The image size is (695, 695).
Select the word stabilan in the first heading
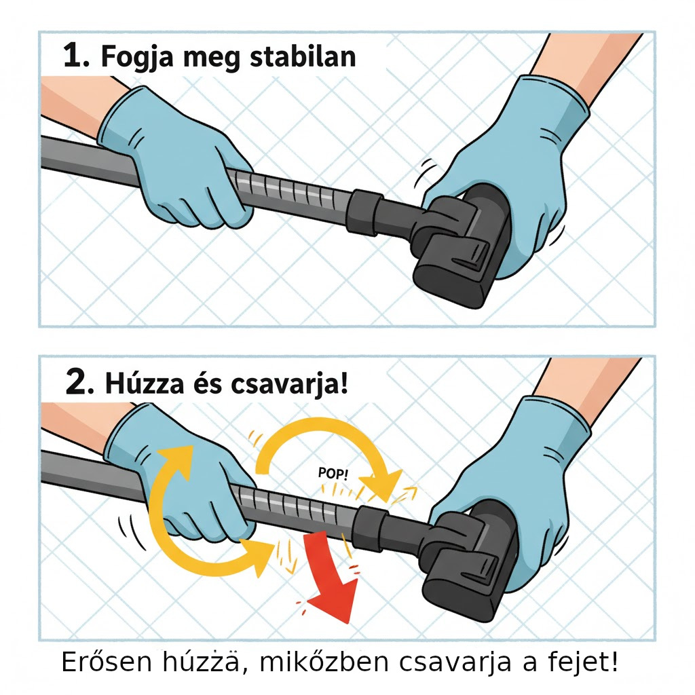(x=303, y=56)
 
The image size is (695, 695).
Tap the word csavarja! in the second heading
(x=289, y=384)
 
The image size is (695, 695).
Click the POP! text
(x=333, y=473)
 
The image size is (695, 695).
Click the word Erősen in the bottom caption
(x=107, y=662)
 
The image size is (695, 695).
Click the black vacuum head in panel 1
(x=461, y=246)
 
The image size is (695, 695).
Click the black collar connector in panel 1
(x=364, y=212)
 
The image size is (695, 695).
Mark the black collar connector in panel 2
(x=371, y=528)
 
